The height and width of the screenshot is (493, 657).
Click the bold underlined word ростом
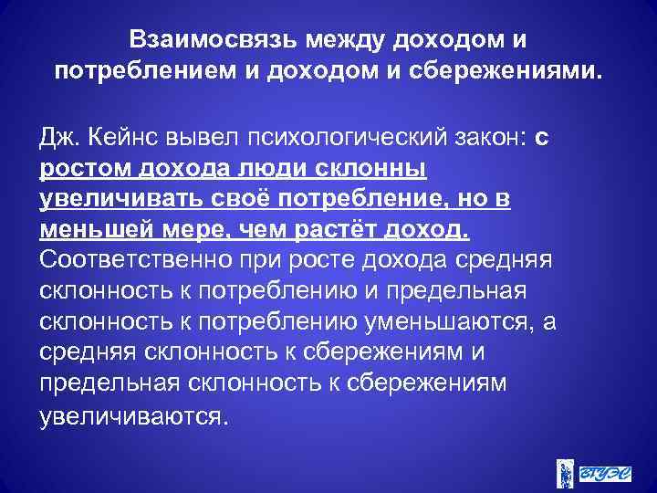[84, 171]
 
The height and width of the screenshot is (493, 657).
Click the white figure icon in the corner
[565, 472]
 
